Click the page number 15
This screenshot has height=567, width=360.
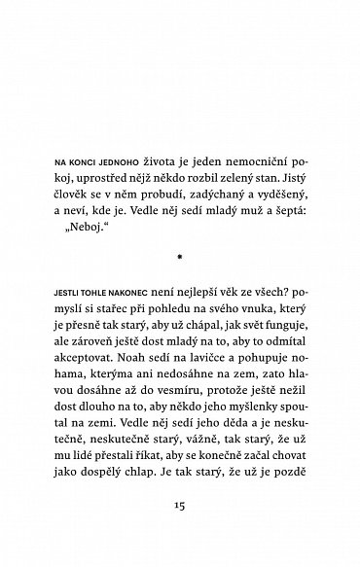click(x=179, y=509)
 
